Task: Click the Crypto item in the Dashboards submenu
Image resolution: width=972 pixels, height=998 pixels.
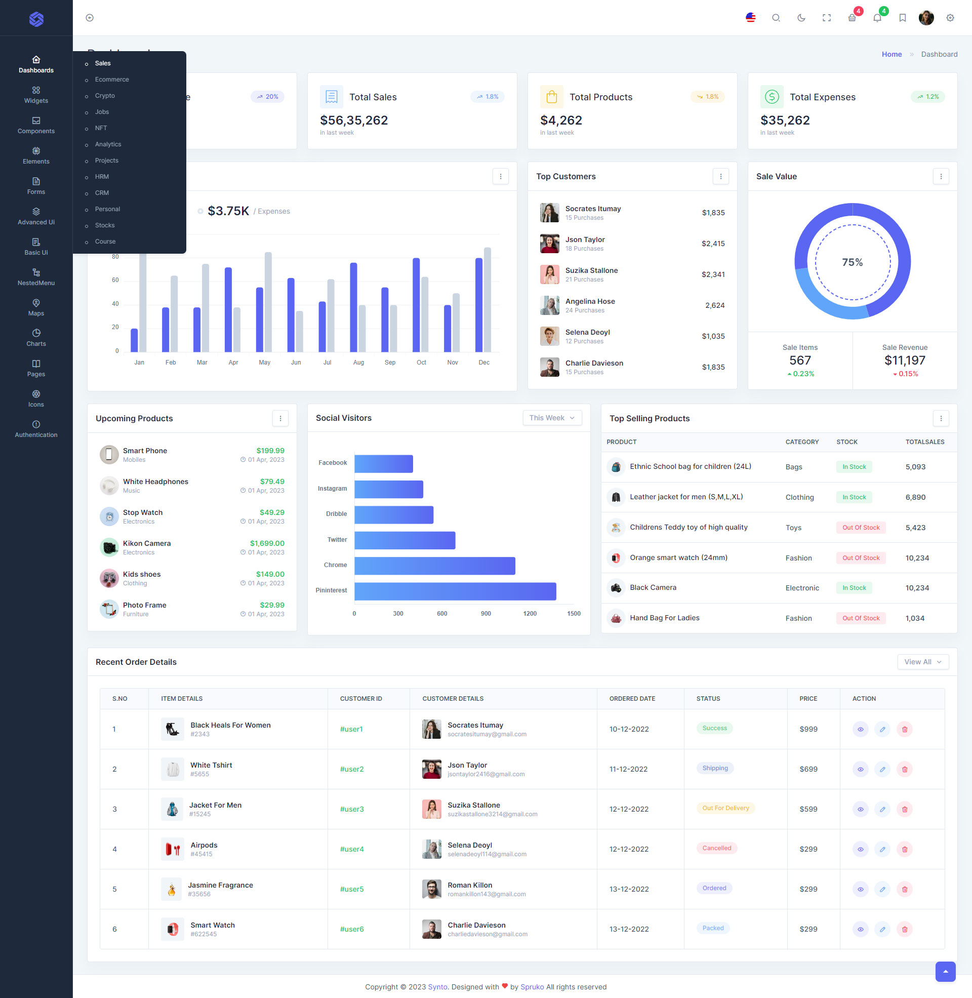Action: tap(105, 96)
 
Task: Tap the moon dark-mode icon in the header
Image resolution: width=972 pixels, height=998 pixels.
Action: tap(801, 18)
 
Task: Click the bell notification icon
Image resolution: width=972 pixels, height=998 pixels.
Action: tap(877, 18)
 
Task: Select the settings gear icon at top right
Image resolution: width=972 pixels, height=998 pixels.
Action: tap(950, 18)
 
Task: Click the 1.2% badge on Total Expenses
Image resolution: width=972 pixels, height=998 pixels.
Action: tap(927, 97)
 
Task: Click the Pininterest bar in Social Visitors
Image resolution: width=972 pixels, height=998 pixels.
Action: tap(455, 591)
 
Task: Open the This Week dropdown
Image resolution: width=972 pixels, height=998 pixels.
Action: tap(552, 418)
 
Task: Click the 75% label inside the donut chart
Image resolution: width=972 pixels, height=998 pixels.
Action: tap(852, 262)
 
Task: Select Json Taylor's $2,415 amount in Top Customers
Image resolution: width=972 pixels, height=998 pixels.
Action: tap(713, 244)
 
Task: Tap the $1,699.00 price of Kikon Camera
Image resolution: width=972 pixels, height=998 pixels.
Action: tap(267, 543)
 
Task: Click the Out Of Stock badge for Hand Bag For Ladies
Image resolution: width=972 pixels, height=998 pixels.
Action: tap(861, 618)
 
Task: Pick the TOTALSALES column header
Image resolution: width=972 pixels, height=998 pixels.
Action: tap(924, 442)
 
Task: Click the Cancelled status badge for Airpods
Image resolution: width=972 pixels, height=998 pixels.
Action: tap(716, 848)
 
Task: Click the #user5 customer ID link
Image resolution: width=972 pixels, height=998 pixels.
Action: tap(352, 889)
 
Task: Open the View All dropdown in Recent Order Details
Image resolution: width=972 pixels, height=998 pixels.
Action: tap(922, 662)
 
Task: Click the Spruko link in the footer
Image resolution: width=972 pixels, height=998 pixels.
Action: tap(532, 987)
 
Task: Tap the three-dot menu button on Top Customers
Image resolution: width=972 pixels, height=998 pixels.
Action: tap(720, 177)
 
